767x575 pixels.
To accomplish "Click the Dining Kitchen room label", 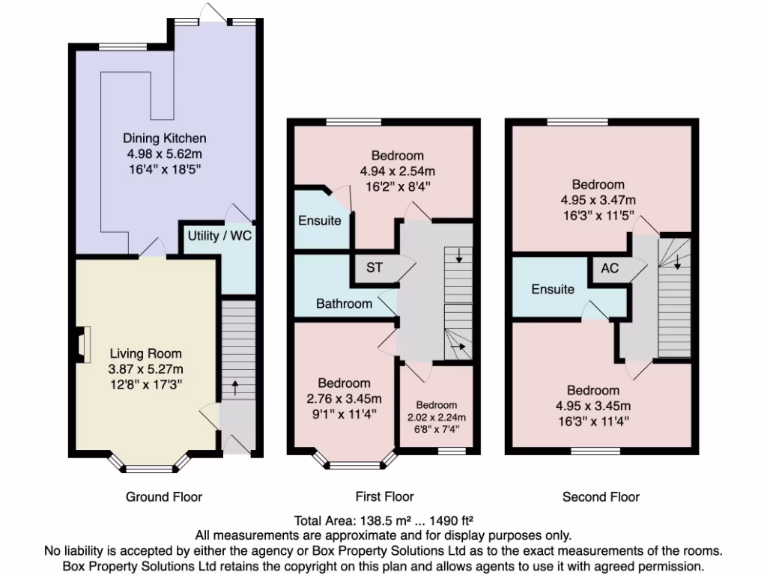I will click(164, 139).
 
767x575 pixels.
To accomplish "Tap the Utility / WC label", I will click(219, 236).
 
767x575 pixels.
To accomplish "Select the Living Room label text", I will click(145, 353).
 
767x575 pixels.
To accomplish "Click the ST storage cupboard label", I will click(375, 267).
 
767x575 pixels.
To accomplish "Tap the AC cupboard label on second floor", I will click(610, 267).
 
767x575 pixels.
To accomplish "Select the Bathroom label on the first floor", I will click(344, 303).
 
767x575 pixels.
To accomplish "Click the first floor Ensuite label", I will click(320, 220).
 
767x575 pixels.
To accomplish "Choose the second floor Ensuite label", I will click(553, 289).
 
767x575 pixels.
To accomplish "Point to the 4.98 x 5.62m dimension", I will click(164, 153).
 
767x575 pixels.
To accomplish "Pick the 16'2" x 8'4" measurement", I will click(398, 186).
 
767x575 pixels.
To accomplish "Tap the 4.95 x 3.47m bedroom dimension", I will click(598, 200).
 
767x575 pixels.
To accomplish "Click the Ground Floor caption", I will click(164, 496).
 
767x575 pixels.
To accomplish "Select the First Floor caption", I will click(384, 496).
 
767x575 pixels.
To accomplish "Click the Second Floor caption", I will click(601, 496).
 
